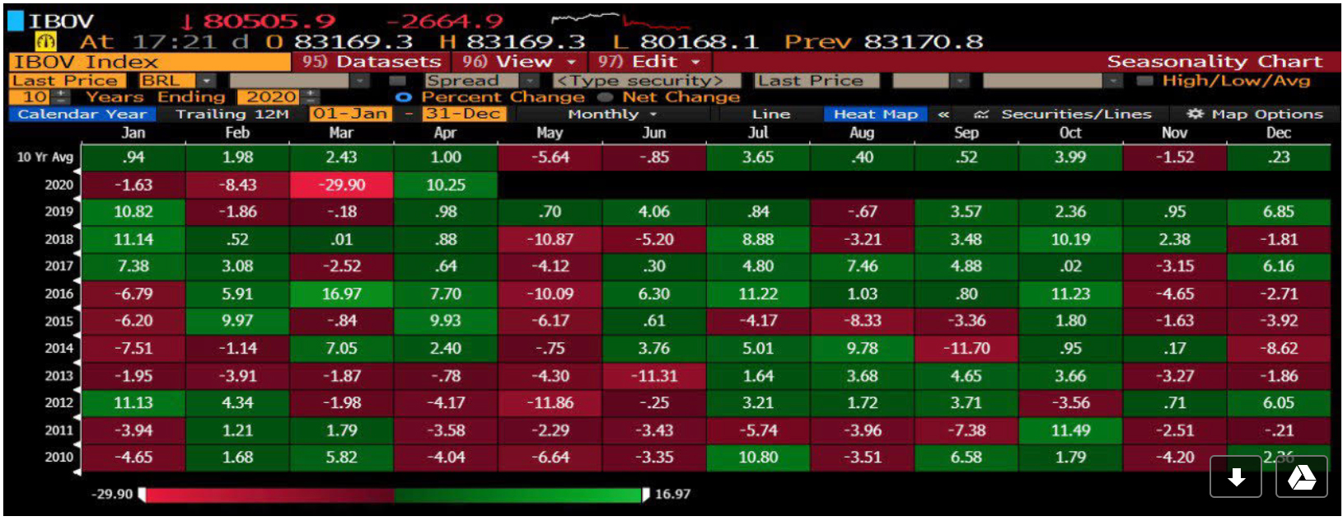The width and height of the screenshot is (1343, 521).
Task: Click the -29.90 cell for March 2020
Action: [x=341, y=185]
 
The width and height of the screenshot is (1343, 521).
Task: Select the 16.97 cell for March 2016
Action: [x=341, y=293]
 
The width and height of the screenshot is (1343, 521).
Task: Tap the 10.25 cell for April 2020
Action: [x=445, y=185]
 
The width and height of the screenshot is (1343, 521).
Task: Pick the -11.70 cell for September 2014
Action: [x=966, y=348]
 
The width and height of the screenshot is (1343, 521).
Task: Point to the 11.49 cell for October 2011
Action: [x=1070, y=429]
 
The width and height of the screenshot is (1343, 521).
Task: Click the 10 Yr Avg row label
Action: [x=45, y=157]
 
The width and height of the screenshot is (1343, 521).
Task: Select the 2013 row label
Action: [x=58, y=375]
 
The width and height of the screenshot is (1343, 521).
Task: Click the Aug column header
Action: [x=862, y=133]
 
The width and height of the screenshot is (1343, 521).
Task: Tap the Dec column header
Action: [x=1278, y=133]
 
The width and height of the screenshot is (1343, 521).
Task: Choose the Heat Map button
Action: [x=875, y=114]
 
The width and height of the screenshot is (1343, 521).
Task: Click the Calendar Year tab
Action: [x=82, y=114]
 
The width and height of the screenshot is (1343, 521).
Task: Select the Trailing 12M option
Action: [x=232, y=114]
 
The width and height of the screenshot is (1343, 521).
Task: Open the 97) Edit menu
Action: [x=648, y=62]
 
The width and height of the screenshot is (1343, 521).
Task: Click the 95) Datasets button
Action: [x=371, y=62]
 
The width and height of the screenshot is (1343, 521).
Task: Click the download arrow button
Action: [x=1236, y=477]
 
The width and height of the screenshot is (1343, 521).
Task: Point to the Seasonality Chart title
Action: [x=1214, y=62]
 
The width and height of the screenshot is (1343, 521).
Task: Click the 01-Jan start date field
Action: [x=349, y=114]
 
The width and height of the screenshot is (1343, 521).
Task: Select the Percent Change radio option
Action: [x=404, y=97]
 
